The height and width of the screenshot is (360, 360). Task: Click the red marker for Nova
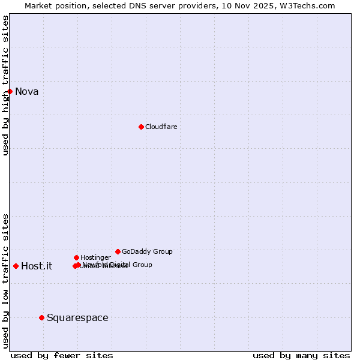[x=10, y=91]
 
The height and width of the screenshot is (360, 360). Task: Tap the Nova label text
[x=26, y=92]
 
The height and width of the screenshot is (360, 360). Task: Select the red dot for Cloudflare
[x=141, y=127]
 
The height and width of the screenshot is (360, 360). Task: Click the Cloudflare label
[x=161, y=127]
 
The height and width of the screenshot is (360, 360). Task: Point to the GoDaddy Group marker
[x=118, y=251]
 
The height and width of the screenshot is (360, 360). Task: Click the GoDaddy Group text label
[x=147, y=252]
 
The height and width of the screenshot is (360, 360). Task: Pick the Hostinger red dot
[x=76, y=257]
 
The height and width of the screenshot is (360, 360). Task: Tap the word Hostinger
[x=95, y=258]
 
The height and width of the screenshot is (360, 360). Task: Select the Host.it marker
[x=16, y=266]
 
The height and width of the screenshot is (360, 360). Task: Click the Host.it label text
[x=37, y=266]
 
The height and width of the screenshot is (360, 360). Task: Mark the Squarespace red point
[x=41, y=317]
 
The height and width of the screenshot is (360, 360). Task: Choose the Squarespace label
[x=77, y=318]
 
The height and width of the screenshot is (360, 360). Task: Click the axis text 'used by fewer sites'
[x=62, y=355]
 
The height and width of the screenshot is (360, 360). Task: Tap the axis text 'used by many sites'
[x=301, y=355]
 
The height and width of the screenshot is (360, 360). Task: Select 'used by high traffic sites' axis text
[x=5, y=85]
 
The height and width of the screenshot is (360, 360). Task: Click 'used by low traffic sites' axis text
[x=5, y=281]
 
